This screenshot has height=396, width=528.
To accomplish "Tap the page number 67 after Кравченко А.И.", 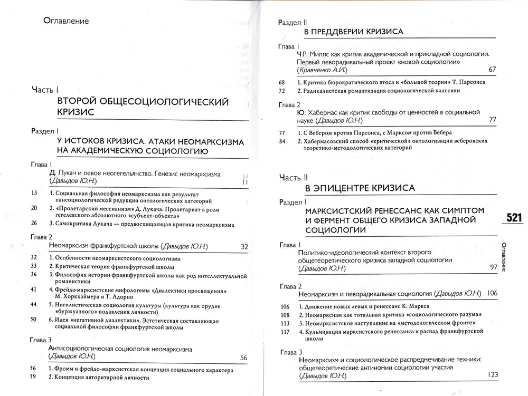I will [x=492, y=70].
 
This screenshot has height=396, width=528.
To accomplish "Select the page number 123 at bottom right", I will [x=493, y=375].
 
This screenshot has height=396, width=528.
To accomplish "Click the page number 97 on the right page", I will [x=493, y=268].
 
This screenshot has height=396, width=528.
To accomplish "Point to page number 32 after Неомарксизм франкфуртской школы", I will [x=244, y=246].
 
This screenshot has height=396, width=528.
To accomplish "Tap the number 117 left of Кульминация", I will [x=286, y=332].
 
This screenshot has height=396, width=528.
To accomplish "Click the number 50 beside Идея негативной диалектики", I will [x=34, y=319].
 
